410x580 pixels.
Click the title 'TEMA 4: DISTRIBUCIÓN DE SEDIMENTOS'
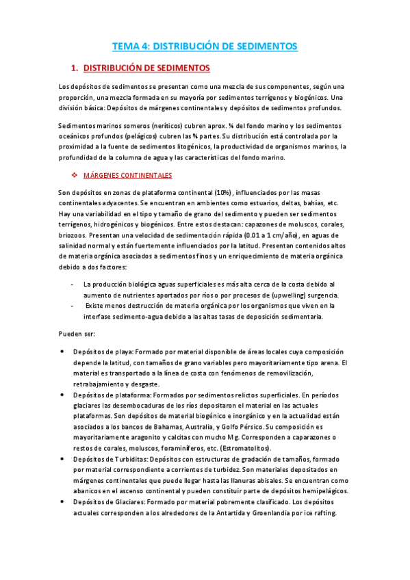pos(205,47)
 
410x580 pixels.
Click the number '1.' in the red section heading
pos(75,68)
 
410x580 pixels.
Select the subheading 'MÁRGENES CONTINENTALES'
pos(127,176)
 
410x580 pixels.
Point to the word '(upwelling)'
pos(291,295)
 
